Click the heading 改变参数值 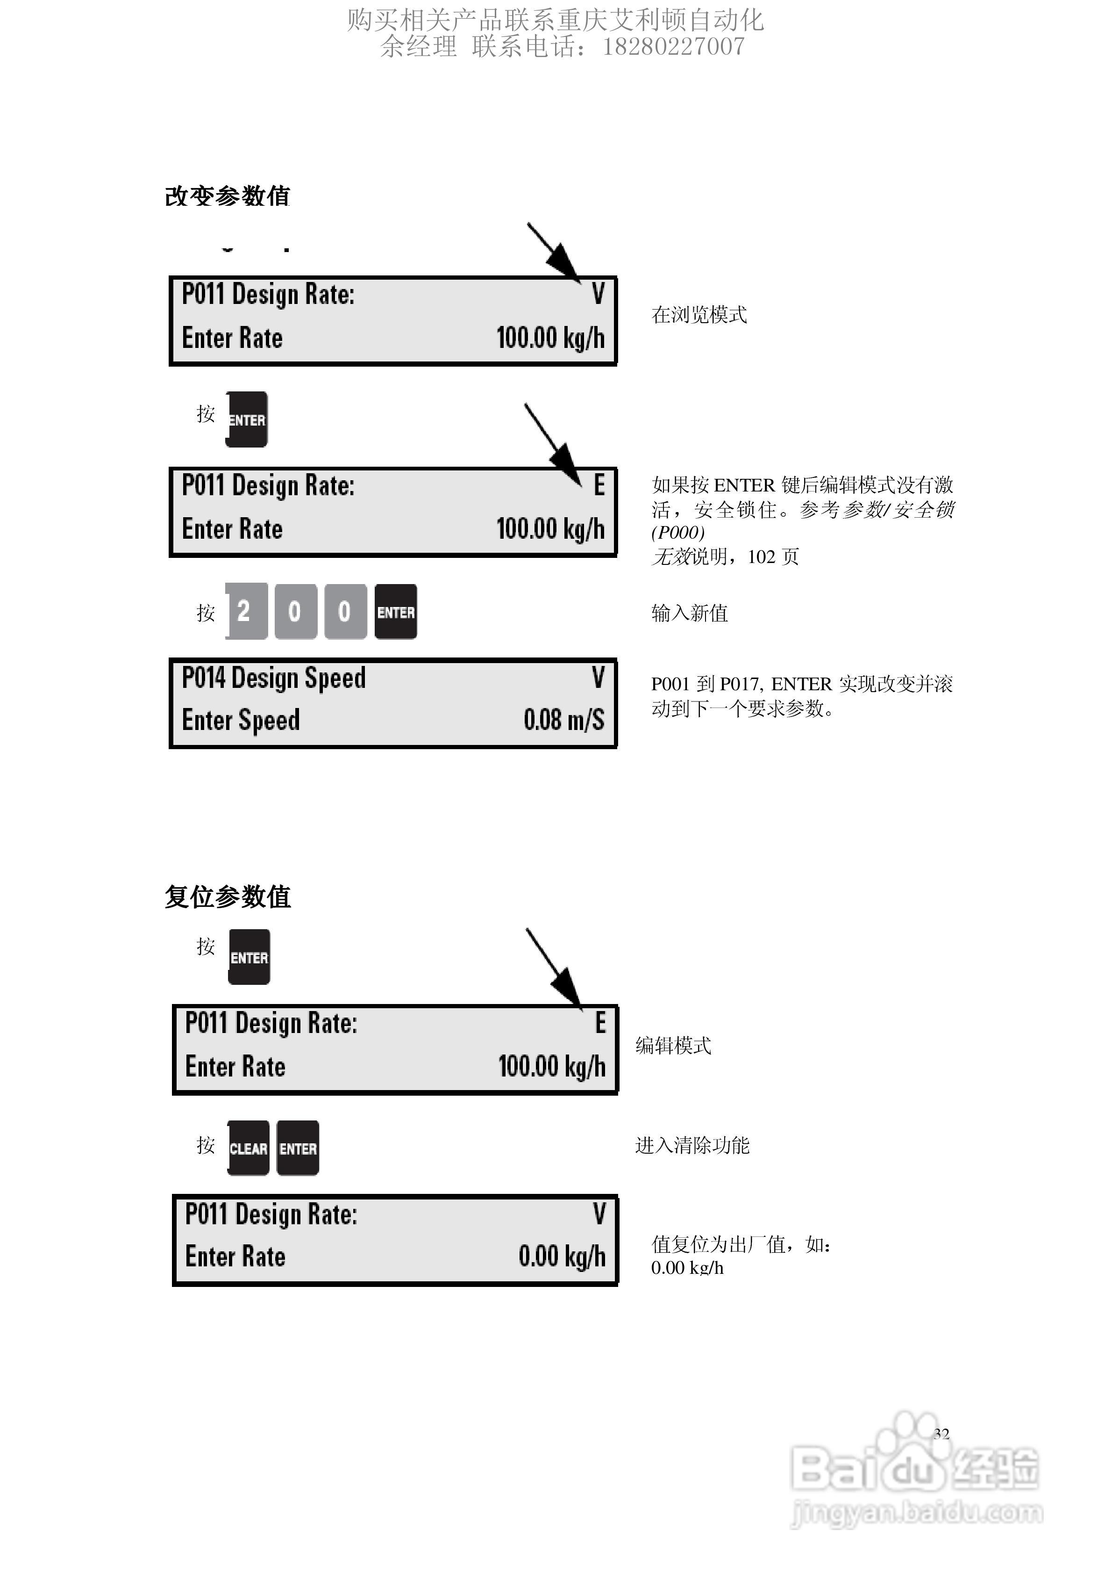228,196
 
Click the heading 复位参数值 228,896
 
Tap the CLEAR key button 248,1149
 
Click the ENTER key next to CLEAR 298,1149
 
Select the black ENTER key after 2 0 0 396,612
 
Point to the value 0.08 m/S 563,720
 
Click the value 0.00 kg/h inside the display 562,1256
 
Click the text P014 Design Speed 273,678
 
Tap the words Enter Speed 241,720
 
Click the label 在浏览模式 699,315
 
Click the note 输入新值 689,613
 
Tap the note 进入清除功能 692,1145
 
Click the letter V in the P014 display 598,678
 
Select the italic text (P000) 677,532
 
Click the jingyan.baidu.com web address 917,1513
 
